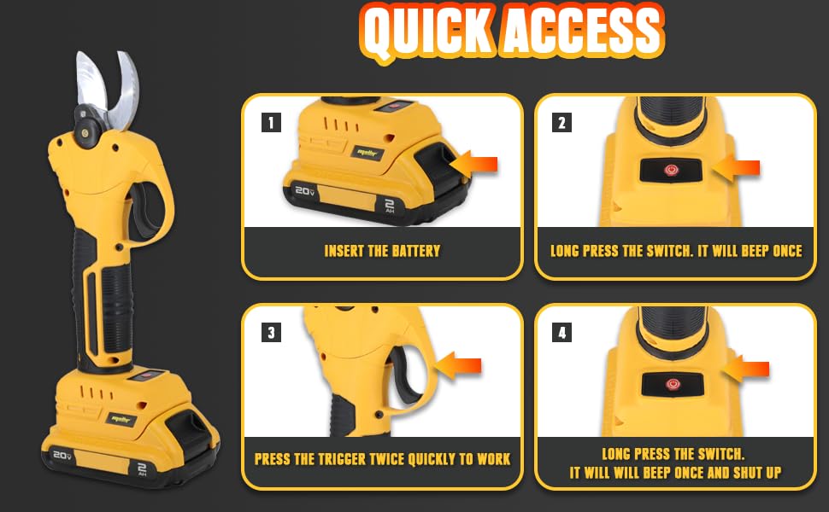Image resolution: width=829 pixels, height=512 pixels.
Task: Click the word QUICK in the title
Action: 425,32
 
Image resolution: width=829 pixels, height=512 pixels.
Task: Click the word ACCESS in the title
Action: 583,32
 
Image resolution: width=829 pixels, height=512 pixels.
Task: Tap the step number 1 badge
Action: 271,122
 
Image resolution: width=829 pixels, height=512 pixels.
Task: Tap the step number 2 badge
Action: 561,122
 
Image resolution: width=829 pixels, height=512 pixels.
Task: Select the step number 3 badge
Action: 271,333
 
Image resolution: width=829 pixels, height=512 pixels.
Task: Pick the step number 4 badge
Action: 561,333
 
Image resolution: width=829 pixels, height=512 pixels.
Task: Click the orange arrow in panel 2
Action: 736,168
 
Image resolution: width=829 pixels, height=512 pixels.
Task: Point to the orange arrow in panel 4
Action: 745,369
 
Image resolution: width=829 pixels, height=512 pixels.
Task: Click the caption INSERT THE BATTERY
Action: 382,251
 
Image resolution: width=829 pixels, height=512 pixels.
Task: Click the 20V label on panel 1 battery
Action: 305,190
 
